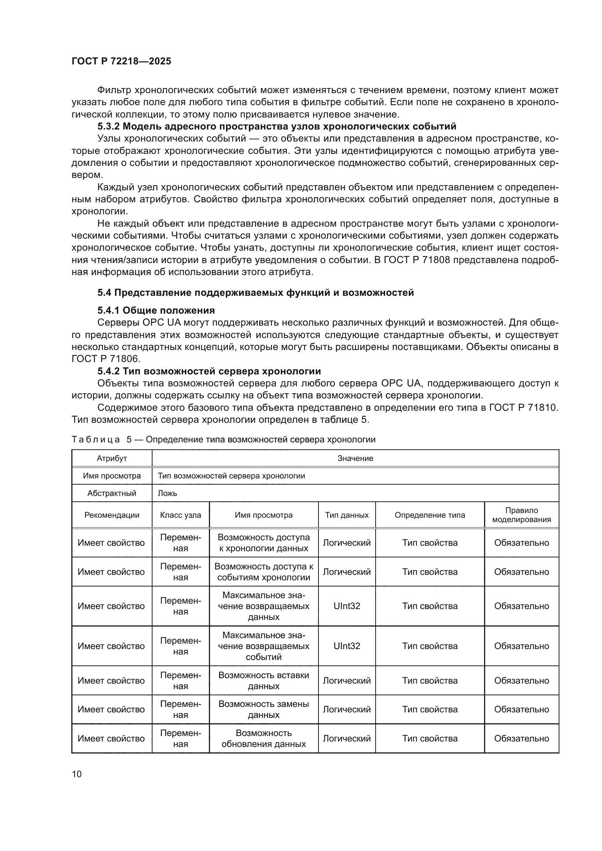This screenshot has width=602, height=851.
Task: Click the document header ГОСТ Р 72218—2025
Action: (x=121, y=61)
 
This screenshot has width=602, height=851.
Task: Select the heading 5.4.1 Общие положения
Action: (x=156, y=310)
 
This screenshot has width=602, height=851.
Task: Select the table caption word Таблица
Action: (x=96, y=440)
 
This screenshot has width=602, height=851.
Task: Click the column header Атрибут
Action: (x=112, y=458)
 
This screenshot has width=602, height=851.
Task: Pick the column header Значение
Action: (x=355, y=458)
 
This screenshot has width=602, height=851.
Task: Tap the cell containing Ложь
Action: (x=167, y=493)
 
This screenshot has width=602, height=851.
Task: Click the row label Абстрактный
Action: (x=112, y=493)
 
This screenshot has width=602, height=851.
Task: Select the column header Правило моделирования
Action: (x=521, y=515)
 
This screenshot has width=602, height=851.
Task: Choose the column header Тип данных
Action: (x=346, y=515)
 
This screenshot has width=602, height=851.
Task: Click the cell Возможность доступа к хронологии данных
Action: (x=264, y=542)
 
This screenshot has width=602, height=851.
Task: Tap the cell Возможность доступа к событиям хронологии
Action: (x=264, y=572)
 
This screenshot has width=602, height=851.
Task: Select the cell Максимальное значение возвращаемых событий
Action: (x=264, y=646)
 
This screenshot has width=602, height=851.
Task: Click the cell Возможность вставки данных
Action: (x=264, y=680)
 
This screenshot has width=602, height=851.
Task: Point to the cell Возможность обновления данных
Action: (x=264, y=738)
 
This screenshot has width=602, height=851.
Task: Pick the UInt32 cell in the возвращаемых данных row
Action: (x=346, y=606)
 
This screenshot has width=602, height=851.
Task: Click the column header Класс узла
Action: (x=181, y=515)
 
